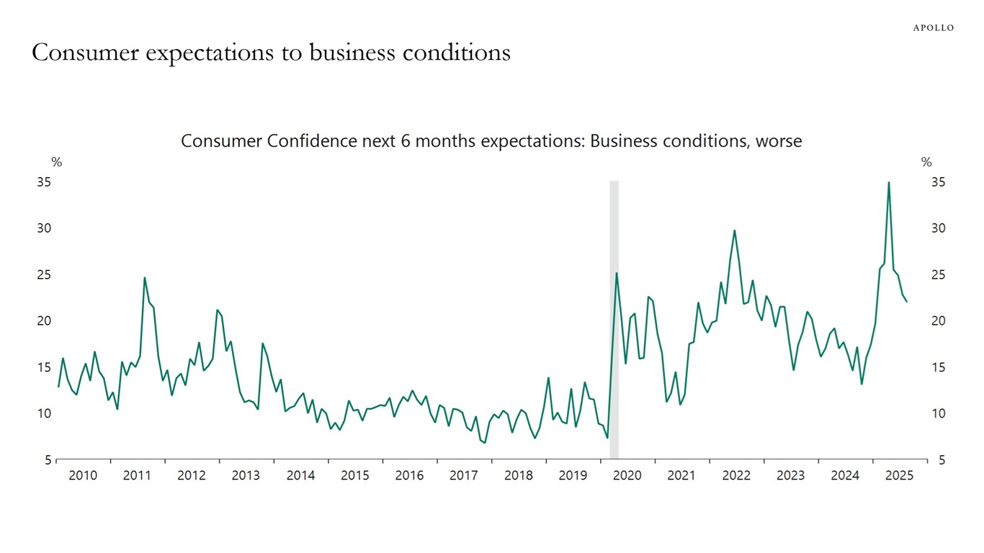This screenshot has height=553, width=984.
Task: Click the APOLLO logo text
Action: (x=933, y=27)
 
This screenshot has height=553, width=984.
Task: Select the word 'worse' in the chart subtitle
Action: (x=778, y=141)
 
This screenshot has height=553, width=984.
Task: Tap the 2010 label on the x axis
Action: (x=83, y=476)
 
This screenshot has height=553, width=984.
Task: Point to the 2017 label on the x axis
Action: (x=464, y=476)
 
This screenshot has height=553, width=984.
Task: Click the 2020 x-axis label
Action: (x=627, y=476)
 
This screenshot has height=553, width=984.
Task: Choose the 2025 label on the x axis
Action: (x=900, y=476)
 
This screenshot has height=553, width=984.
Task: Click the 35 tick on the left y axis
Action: (x=44, y=182)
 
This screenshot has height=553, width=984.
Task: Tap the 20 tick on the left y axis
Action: (x=44, y=321)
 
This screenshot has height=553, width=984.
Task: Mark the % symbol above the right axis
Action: (x=926, y=163)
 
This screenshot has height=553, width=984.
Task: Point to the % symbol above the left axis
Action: (x=56, y=163)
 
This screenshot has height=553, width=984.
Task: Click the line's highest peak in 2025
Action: (x=888, y=182)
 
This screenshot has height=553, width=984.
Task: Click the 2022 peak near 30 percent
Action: (x=734, y=230)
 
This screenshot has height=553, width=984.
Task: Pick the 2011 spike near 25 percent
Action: (x=145, y=278)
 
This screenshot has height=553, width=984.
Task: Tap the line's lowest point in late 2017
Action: (x=484, y=443)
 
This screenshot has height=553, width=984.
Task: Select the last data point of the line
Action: (x=906, y=301)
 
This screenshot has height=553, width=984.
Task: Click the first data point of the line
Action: (x=58, y=387)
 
